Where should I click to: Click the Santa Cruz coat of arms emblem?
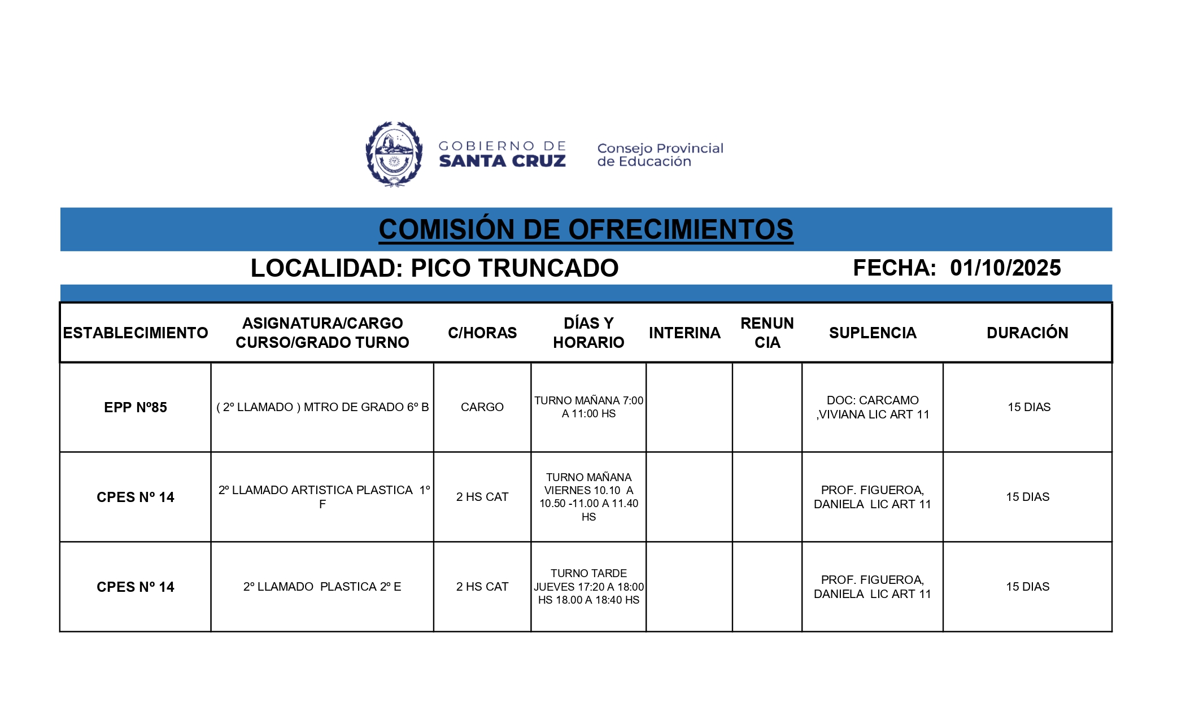[x=394, y=154]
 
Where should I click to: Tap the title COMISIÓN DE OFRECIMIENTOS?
[x=586, y=229]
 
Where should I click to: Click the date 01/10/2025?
[x=1005, y=268]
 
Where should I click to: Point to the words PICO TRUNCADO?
[x=514, y=268]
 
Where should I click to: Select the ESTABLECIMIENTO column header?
[x=136, y=333]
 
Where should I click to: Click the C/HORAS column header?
[x=482, y=333]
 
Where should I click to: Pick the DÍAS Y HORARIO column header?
[x=588, y=333]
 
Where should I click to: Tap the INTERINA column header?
[x=684, y=333]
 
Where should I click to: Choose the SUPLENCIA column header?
[x=873, y=333]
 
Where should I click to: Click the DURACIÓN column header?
[x=1027, y=333]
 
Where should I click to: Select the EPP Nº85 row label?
[x=136, y=407]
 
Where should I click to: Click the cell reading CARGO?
[x=482, y=407]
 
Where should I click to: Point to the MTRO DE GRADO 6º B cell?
[x=322, y=407]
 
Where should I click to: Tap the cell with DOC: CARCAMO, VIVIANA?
[x=873, y=407]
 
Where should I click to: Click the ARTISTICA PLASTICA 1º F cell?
[x=322, y=497]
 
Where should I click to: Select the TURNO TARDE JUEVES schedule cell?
[x=588, y=587]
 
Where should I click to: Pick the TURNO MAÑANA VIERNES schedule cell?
[x=588, y=497]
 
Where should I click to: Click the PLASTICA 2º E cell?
[x=322, y=587]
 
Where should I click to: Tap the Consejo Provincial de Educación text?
[x=660, y=155]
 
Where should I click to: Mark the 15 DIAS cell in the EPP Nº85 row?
[x=1028, y=407]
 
